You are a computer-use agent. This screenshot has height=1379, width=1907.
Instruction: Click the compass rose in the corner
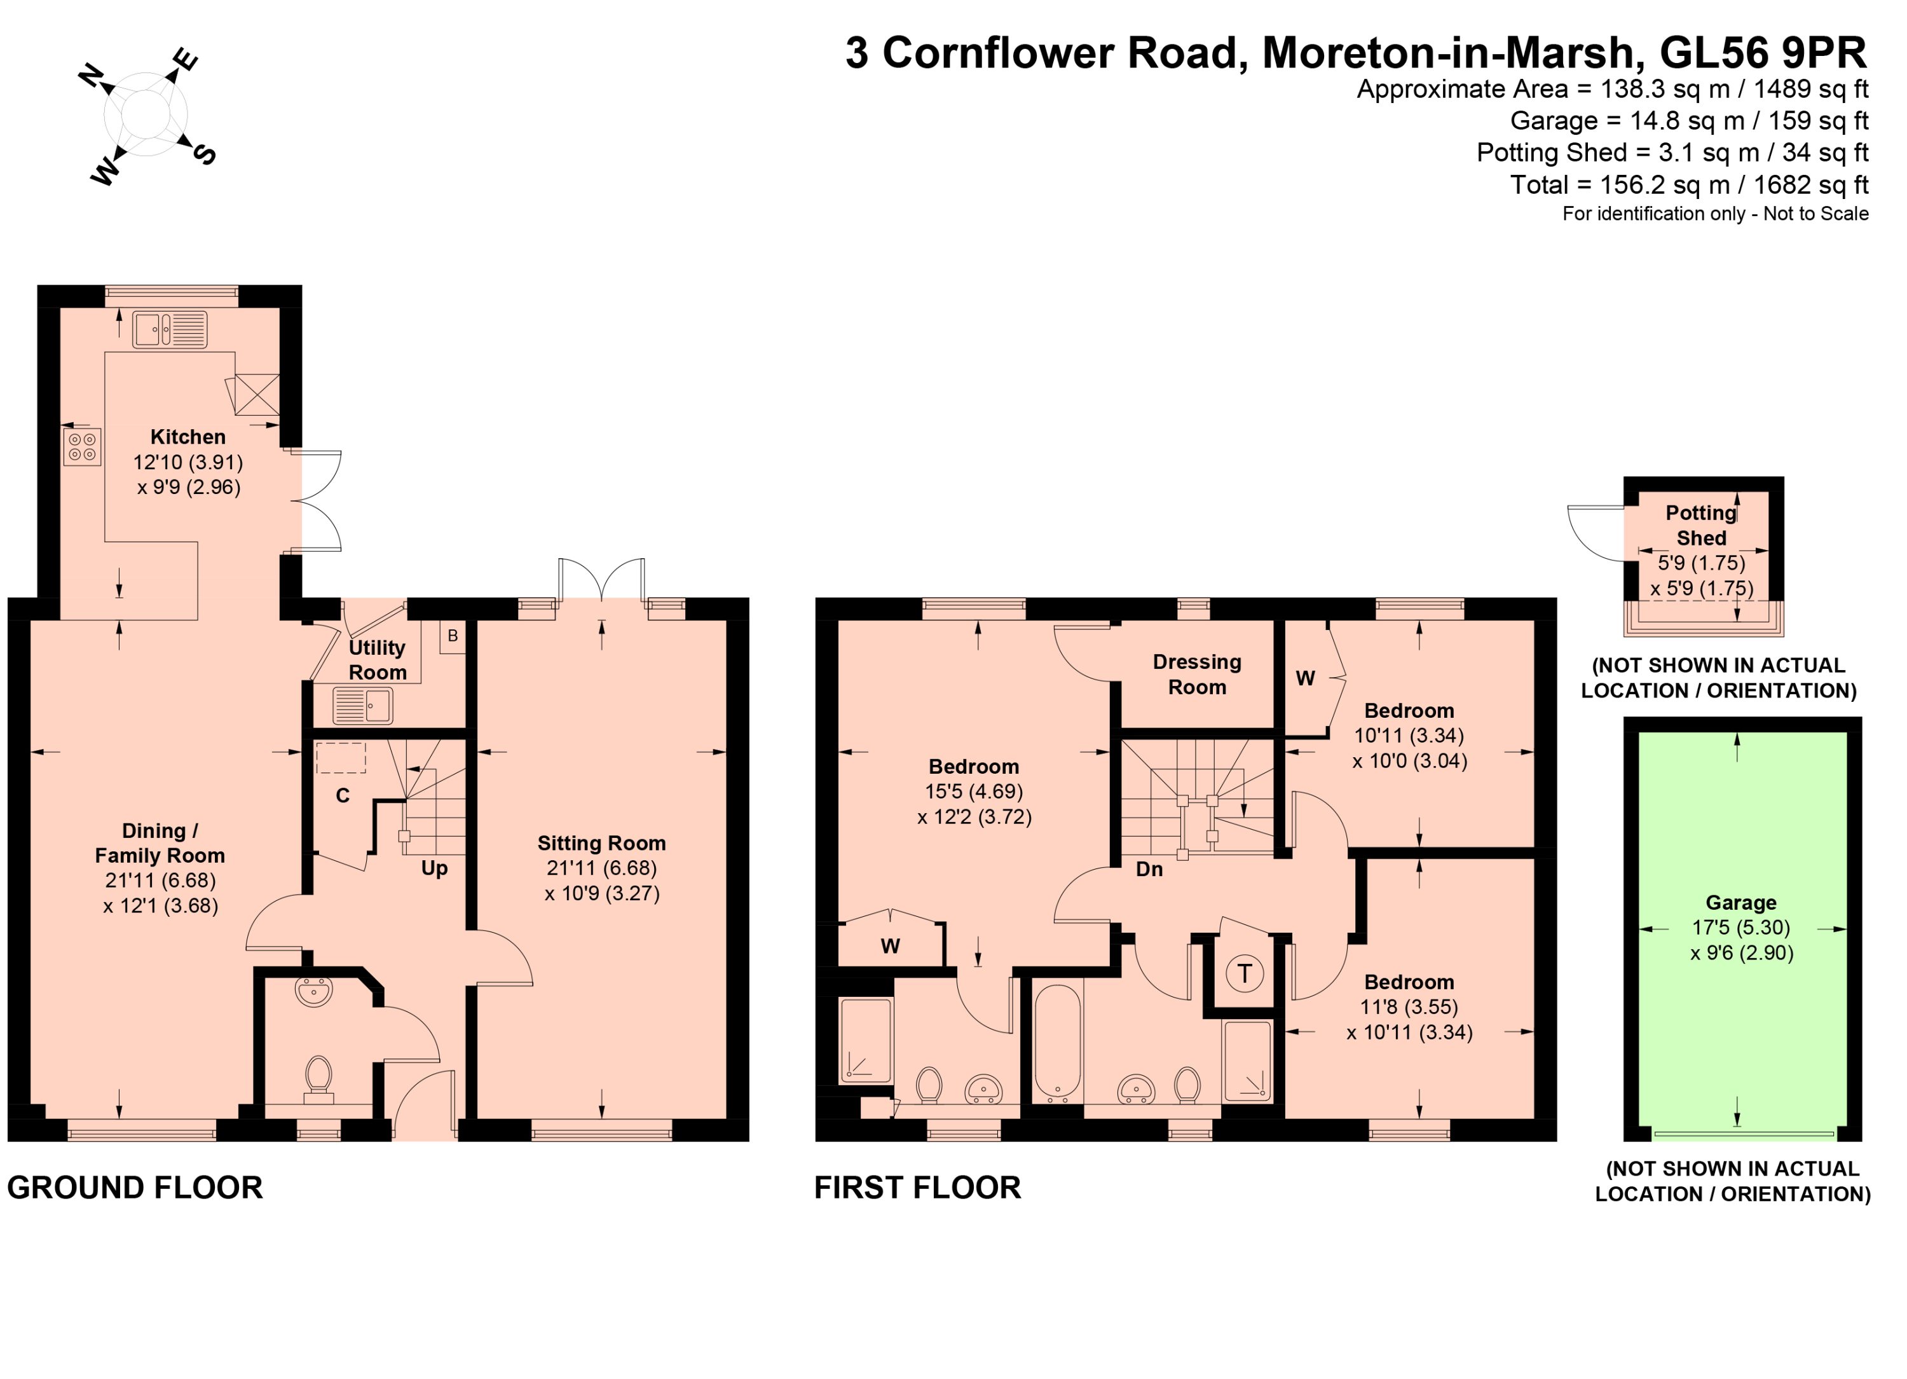(147, 115)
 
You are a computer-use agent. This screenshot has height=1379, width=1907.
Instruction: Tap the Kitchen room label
(188, 437)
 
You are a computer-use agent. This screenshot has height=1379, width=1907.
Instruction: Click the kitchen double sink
(169, 329)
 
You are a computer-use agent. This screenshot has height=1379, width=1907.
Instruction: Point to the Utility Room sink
(363, 706)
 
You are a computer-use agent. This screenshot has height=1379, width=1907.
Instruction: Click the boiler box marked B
(453, 636)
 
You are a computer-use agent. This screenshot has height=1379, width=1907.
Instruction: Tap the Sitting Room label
(601, 844)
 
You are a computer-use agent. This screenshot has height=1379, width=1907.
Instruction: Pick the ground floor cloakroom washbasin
(315, 993)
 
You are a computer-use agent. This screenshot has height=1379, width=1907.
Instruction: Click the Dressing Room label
(1198, 675)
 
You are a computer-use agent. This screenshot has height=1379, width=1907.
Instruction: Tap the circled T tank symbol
(1245, 974)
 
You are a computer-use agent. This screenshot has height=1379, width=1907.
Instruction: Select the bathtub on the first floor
(1057, 1043)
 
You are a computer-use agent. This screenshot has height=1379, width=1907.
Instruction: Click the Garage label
(1740, 903)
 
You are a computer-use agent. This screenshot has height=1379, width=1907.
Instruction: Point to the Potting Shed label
(1701, 526)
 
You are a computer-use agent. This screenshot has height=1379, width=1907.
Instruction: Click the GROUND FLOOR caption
(135, 1188)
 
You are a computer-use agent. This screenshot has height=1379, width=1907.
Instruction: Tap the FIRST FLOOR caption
(917, 1188)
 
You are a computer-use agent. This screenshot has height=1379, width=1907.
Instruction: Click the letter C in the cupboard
(342, 795)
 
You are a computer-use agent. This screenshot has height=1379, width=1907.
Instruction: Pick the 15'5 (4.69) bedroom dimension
(974, 792)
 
